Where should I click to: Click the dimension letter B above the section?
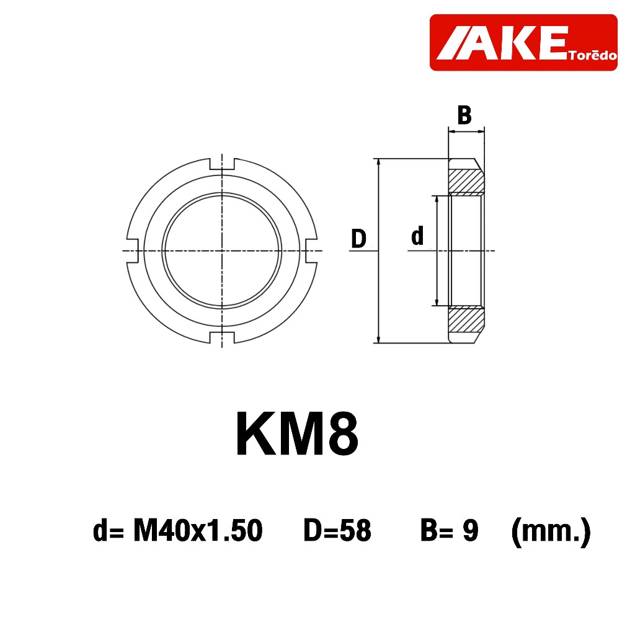[464, 115]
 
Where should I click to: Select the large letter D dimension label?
[358, 239]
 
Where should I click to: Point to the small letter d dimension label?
[417, 236]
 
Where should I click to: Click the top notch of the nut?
[222, 164]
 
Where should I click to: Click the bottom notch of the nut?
[222, 338]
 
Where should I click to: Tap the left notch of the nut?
[131, 251]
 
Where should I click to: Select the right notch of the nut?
[314, 251]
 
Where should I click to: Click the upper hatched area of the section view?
[466, 180]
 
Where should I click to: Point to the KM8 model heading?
[297, 435]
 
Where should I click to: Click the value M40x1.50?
[198, 531]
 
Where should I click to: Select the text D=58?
[337, 531]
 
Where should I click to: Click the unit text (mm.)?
[550, 531]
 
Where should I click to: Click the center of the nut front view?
[222, 251]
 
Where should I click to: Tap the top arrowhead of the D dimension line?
[377, 162]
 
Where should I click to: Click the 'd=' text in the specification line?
[109, 531]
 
